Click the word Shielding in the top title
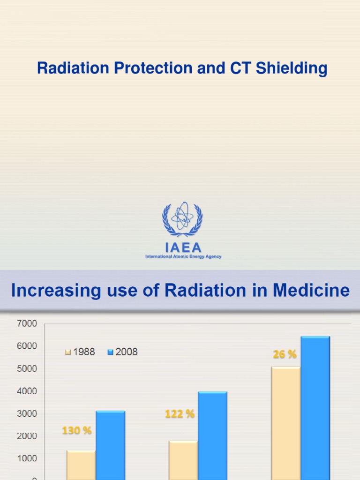pyautogui.click(x=291, y=68)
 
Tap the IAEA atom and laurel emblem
pyautogui.click(x=182, y=219)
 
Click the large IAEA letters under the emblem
pyautogui.click(x=183, y=247)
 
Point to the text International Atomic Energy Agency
pyautogui.click(x=183, y=256)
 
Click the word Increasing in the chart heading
pyautogui.click(x=51, y=290)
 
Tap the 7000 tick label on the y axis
pyautogui.click(x=27, y=323)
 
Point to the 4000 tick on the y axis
pyautogui.click(x=27, y=391)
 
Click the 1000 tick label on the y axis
pyautogui.click(x=27, y=458)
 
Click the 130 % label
pyautogui.click(x=77, y=430)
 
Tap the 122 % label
pyautogui.click(x=180, y=414)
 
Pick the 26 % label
pyautogui.click(x=285, y=355)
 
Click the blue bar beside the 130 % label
pyautogui.click(x=111, y=445)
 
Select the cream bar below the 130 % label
pyautogui.click(x=81, y=465)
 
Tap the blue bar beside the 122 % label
pyautogui.click(x=212, y=436)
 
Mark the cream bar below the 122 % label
pyautogui.click(x=183, y=460)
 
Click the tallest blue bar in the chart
pyautogui.click(x=315, y=408)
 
